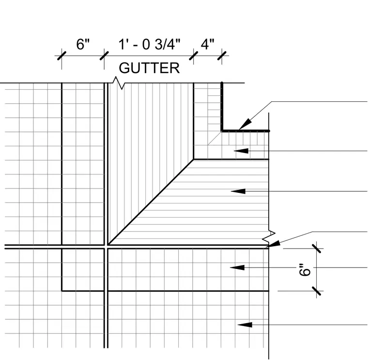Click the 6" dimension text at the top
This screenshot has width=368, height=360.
coord(83,44)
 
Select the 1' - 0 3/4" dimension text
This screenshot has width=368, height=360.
coord(149,44)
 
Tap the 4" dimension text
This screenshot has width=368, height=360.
coord(207,44)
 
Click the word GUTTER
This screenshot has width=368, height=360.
coord(149,68)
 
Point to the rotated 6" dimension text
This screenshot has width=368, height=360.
coord(305,270)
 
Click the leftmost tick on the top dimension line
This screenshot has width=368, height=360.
coord(61,56)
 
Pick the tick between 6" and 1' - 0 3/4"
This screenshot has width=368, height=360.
coord(104,56)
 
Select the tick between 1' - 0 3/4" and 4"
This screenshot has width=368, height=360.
coord(193,56)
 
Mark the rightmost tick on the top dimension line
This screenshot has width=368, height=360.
coord(222,56)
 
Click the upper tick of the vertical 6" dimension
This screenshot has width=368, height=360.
coord(316,249)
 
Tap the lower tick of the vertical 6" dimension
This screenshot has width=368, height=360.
coord(316,291)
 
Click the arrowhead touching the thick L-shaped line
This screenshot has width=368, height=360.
coord(245,124)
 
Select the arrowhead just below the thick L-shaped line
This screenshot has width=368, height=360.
coord(241,151)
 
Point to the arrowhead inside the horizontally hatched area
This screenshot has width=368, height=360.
coord(238,191)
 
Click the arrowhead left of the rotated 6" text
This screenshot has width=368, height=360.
coord(237,267)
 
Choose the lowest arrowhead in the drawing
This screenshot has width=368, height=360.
coord(245,325)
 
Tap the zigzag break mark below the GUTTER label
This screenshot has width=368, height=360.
coord(118,83)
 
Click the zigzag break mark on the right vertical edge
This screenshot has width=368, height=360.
coord(269,236)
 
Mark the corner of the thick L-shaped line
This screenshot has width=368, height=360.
coord(222,131)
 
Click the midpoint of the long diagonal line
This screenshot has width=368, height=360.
coord(151,202)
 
